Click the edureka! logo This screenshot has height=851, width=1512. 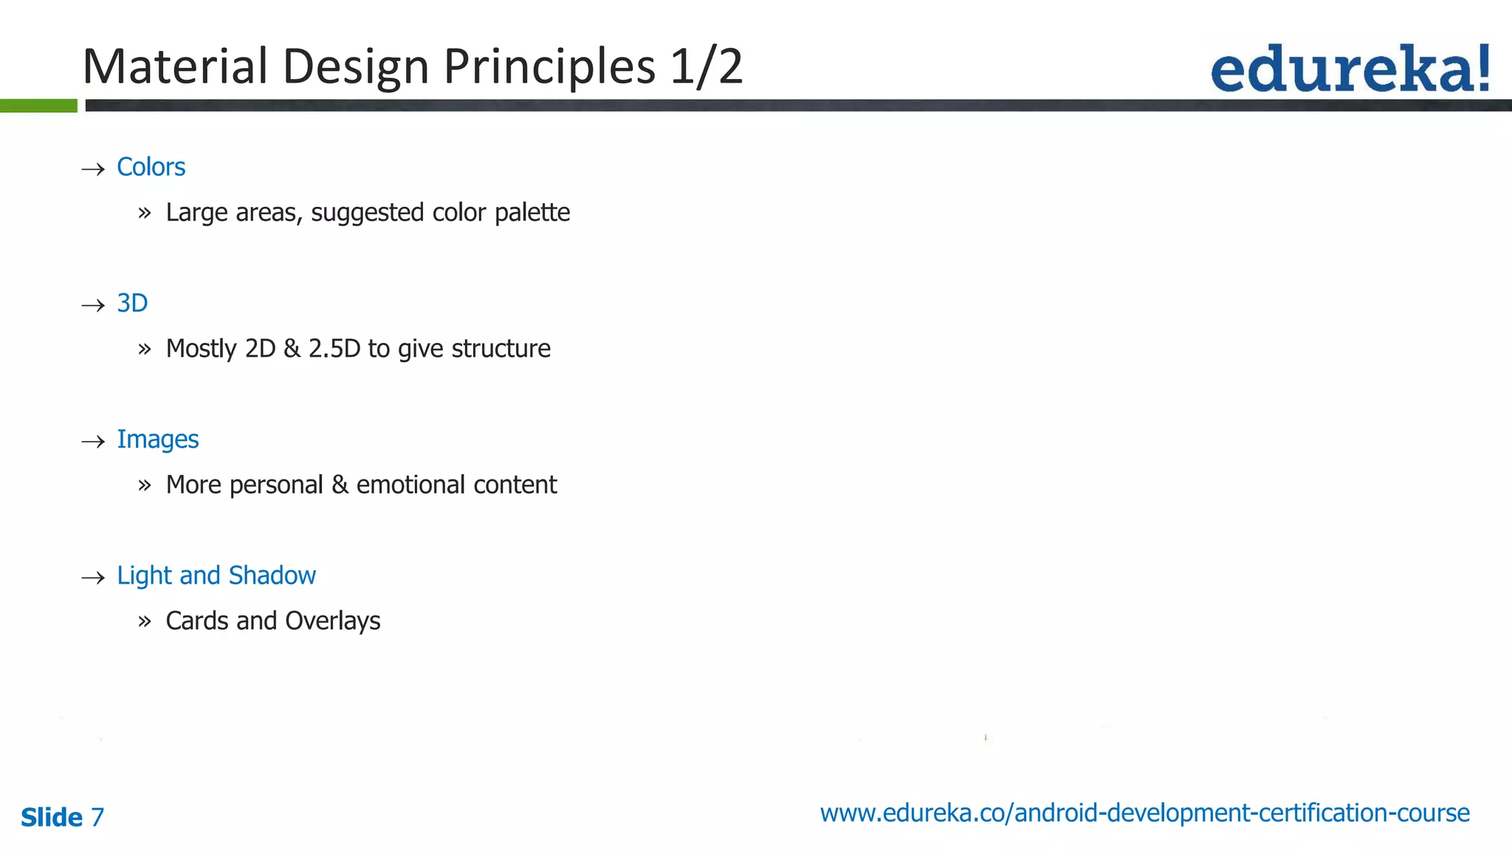[1350, 69]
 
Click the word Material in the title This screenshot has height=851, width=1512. [174, 66]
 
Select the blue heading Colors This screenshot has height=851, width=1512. [151, 167]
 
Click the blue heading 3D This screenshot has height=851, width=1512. [132, 303]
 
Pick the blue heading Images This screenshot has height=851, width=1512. [157, 440]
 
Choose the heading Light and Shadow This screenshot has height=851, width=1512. [216, 575]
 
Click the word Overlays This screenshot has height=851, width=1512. [332, 621]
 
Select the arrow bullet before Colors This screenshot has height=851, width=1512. [93, 169]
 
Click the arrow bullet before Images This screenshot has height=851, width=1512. [93, 442]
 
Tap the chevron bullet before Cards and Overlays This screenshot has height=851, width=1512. [144, 622]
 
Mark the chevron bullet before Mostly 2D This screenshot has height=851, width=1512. [144, 349]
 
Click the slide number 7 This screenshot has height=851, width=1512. [97, 817]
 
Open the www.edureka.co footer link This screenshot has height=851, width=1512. [1144, 813]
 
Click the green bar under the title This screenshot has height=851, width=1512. [38, 106]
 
